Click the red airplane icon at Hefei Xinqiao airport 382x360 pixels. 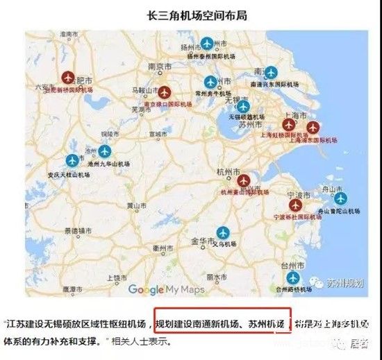click(x=67, y=77)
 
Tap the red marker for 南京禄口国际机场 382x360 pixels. click(x=165, y=92)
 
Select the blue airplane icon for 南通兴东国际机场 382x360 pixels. click(x=271, y=72)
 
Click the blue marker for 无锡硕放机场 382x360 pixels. click(x=242, y=106)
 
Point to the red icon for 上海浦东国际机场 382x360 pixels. click(x=314, y=127)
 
